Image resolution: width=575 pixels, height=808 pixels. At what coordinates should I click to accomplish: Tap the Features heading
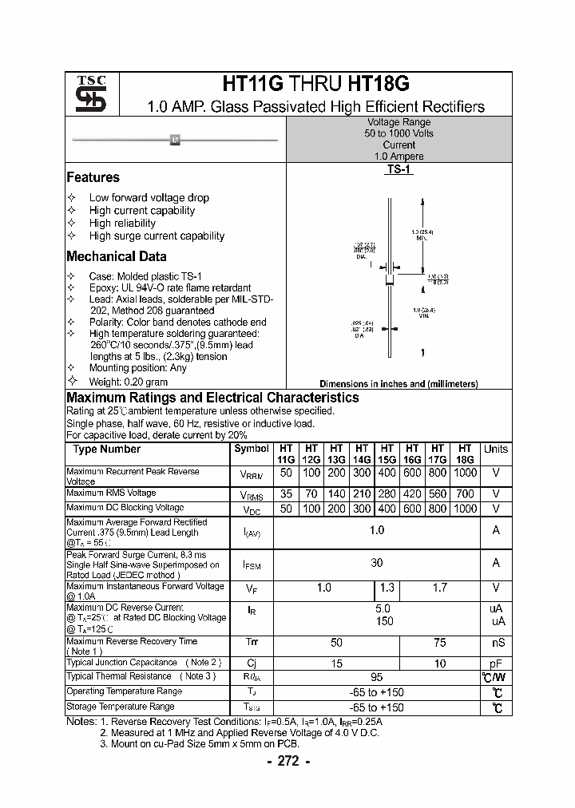(x=93, y=177)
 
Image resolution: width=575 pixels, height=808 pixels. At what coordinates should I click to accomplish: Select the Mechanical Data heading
(x=116, y=256)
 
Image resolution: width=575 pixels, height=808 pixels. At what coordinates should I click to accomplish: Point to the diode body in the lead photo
(x=175, y=141)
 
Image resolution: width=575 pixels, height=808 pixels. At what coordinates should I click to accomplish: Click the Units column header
(x=495, y=449)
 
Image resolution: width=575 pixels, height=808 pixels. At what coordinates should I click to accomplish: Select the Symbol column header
(x=251, y=449)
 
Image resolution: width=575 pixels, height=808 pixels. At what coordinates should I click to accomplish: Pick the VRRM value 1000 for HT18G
(x=465, y=473)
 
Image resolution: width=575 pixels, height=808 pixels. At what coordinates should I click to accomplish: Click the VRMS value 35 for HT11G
(x=286, y=494)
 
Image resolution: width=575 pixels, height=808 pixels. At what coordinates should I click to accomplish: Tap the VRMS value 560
(x=438, y=494)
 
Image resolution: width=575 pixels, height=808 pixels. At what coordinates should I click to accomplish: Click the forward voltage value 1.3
(x=387, y=588)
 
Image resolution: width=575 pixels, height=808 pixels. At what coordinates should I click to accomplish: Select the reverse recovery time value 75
(x=439, y=643)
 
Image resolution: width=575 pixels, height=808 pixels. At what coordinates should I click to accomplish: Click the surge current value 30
(x=376, y=563)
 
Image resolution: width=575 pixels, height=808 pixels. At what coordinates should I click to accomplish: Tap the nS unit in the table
(x=495, y=643)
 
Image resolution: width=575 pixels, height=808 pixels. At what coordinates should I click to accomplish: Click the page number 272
(x=287, y=761)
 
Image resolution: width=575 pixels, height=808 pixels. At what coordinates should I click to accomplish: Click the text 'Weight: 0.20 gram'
(x=128, y=382)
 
